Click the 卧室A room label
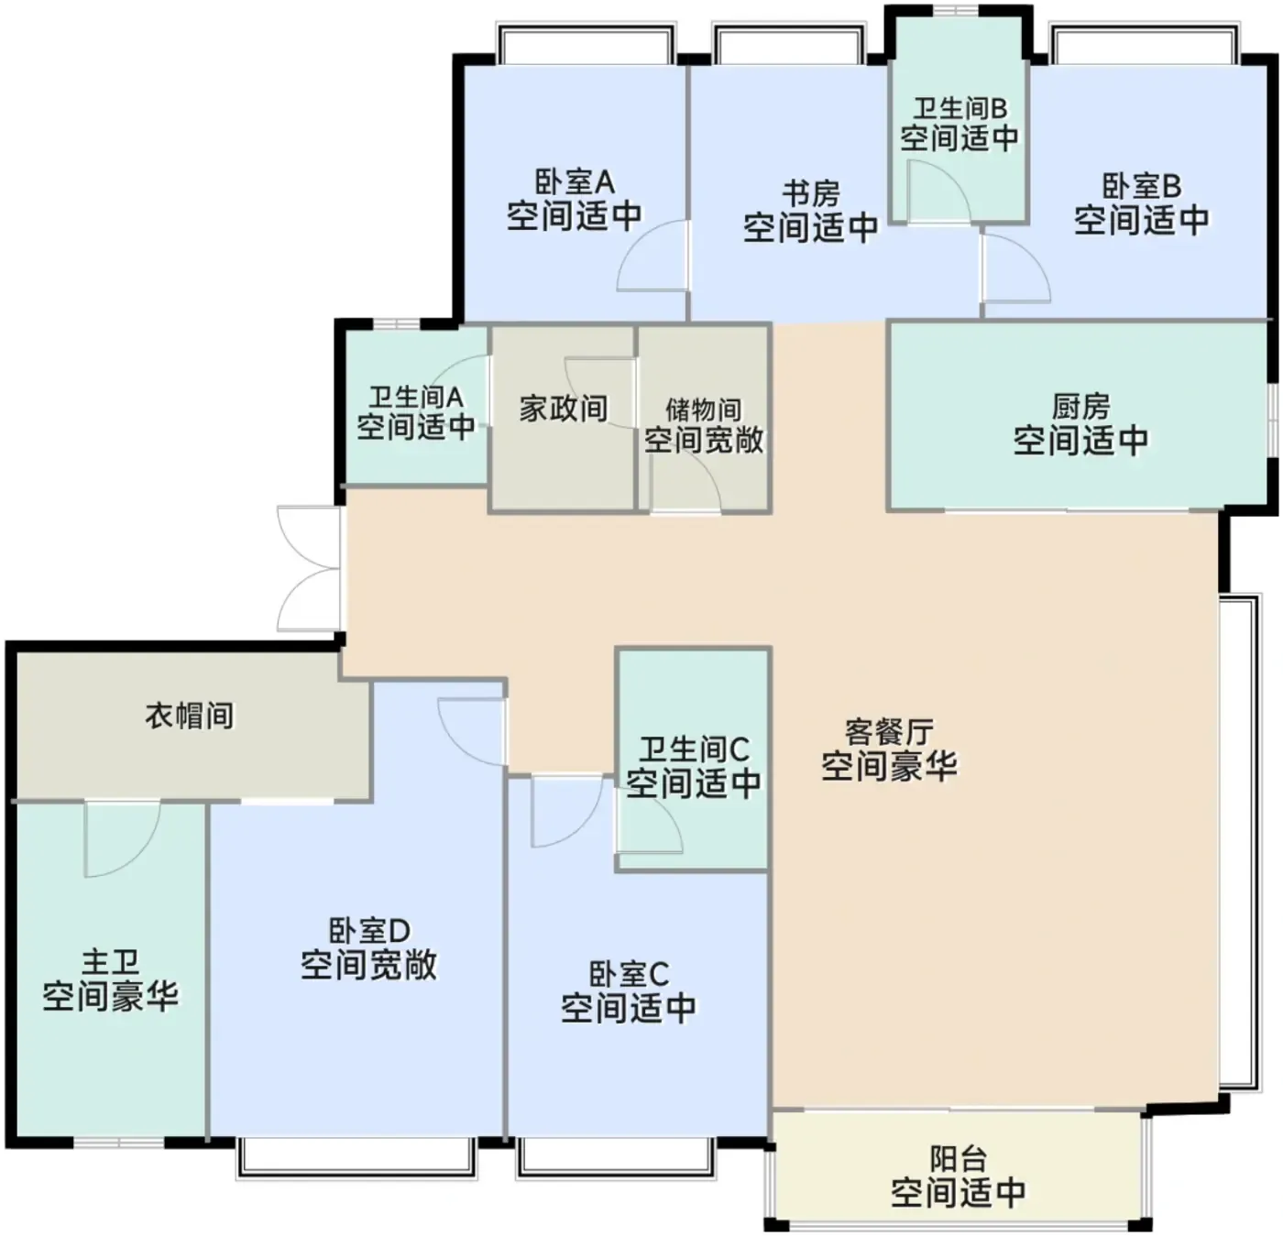pyautogui.click(x=575, y=182)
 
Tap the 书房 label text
pyautogui.click(x=811, y=194)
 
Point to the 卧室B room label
pyautogui.click(x=1141, y=187)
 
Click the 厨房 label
pyautogui.click(x=1080, y=407)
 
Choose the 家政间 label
pyautogui.click(x=564, y=409)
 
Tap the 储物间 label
pyautogui.click(x=704, y=410)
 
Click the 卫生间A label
pyautogui.click(x=416, y=398)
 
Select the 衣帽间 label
pyautogui.click(x=190, y=716)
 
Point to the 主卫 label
pyautogui.click(x=111, y=963)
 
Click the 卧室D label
pyautogui.click(x=369, y=932)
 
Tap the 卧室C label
pyautogui.click(x=629, y=974)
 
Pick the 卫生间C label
pyautogui.click(x=695, y=749)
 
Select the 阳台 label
pyautogui.click(x=959, y=1158)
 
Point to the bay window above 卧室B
pyautogui.click(x=1144, y=43)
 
